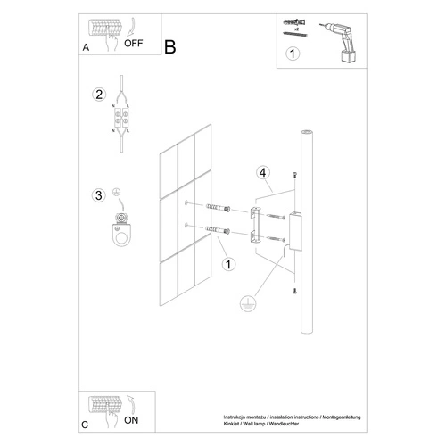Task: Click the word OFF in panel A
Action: click(135, 41)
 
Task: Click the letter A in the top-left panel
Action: click(86, 48)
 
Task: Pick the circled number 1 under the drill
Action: click(291, 54)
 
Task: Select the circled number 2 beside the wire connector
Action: click(100, 95)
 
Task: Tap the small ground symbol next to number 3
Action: click(116, 193)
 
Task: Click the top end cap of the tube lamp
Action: click(305, 134)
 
